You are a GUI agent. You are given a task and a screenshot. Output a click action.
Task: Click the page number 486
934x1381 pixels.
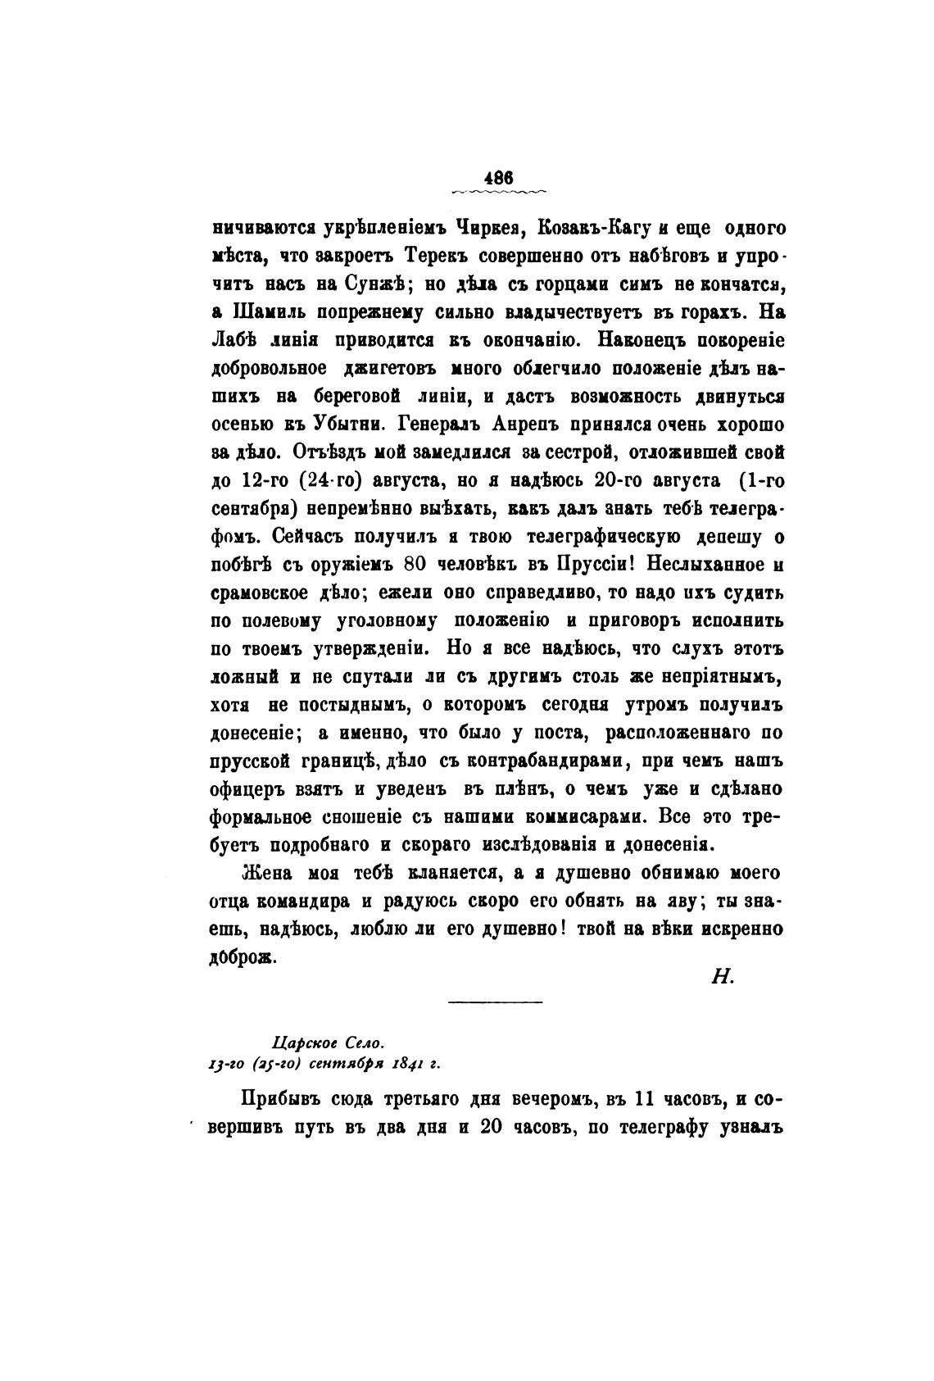(498, 176)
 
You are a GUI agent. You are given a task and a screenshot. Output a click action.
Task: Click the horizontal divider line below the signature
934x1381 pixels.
(496, 1002)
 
